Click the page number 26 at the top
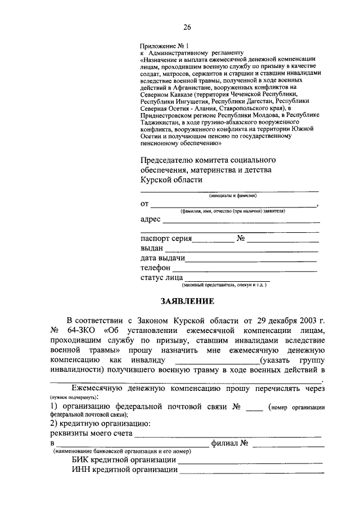click(187, 27)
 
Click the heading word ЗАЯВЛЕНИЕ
click(187, 301)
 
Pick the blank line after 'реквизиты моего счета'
click(228, 436)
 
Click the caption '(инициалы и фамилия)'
click(232, 195)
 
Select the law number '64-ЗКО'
click(83, 330)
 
